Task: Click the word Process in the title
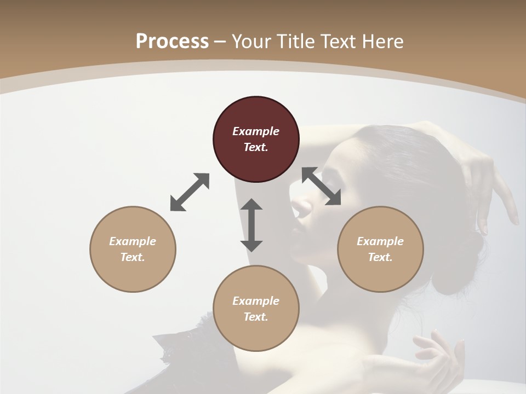tap(172, 41)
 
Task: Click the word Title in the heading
tap(296, 41)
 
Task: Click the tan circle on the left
tap(133, 249)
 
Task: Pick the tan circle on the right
tap(380, 249)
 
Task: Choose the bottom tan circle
tap(256, 308)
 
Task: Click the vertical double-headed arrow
tap(251, 225)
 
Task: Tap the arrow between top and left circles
tap(190, 192)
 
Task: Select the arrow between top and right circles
tap(321, 186)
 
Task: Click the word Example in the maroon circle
tap(256, 131)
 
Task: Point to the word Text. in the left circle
tap(133, 257)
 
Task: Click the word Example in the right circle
tap(380, 241)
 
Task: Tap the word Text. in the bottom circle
tap(256, 317)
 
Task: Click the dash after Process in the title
tap(220, 42)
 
